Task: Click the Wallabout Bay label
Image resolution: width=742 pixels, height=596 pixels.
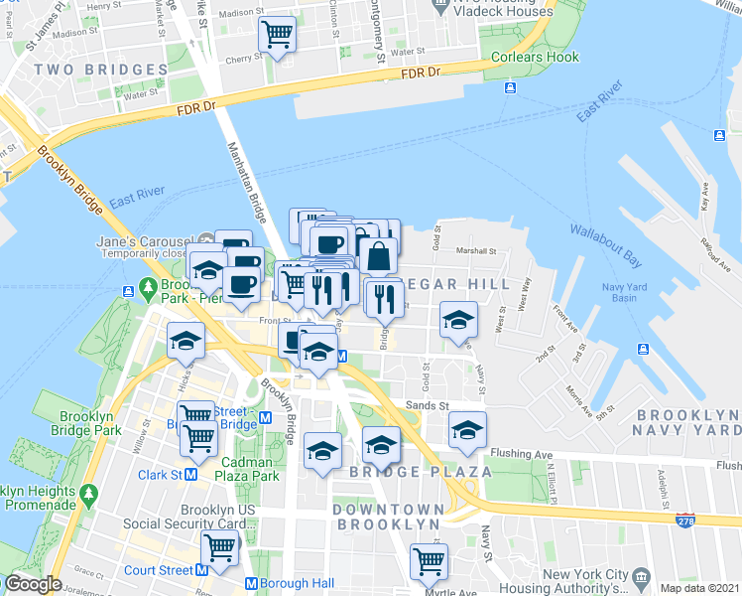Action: (x=605, y=245)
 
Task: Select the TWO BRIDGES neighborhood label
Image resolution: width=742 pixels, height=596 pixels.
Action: (x=100, y=70)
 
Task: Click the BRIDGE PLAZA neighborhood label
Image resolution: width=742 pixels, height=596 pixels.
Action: (x=421, y=472)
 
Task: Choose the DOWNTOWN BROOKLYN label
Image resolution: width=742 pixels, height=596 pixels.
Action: (x=387, y=517)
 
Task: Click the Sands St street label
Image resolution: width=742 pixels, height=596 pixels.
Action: (x=427, y=405)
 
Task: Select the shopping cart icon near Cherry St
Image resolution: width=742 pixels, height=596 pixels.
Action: (x=277, y=35)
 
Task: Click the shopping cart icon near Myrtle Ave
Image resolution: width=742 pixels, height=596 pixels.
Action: (x=429, y=561)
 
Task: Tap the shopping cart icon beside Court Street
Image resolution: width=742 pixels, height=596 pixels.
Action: (x=220, y=547)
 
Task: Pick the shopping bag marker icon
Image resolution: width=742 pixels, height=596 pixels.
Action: (x=378, y=255)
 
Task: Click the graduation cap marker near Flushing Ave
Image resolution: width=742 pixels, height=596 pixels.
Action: (x=467, y=429)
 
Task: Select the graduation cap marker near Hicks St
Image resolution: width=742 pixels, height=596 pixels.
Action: (x=185, y=341)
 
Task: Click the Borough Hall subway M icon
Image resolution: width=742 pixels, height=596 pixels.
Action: (x=251, y=584)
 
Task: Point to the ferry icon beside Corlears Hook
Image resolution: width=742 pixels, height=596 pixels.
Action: (x=509, y=88)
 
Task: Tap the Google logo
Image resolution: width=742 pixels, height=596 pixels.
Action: (x=33, y=585)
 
